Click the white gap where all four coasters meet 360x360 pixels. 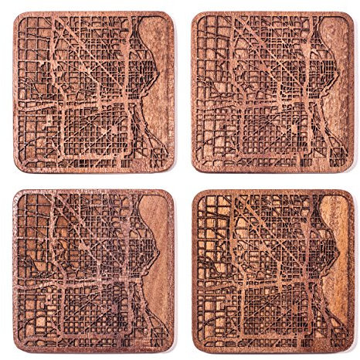183,180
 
